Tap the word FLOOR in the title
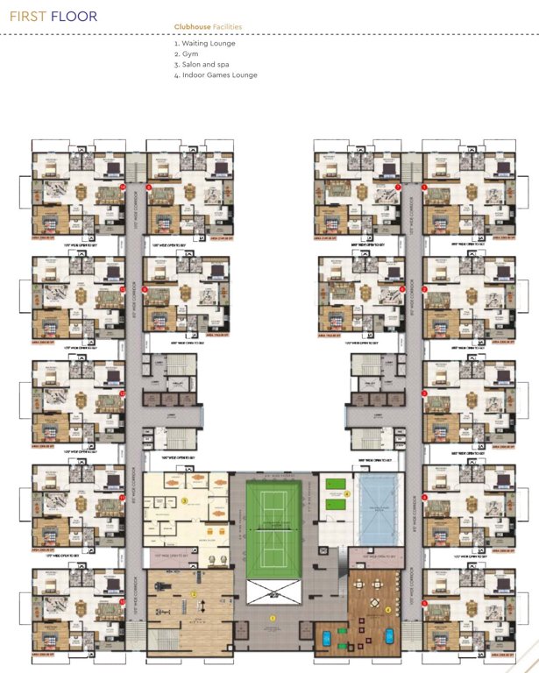(74, 17)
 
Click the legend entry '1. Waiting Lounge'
(205, 43)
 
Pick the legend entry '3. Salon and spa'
(203, 64)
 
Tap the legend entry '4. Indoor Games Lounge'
(215, 74)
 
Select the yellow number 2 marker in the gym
(193, 593)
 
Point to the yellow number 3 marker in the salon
(186, 500)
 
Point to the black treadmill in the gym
(162, 580)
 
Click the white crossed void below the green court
(273, 592)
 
